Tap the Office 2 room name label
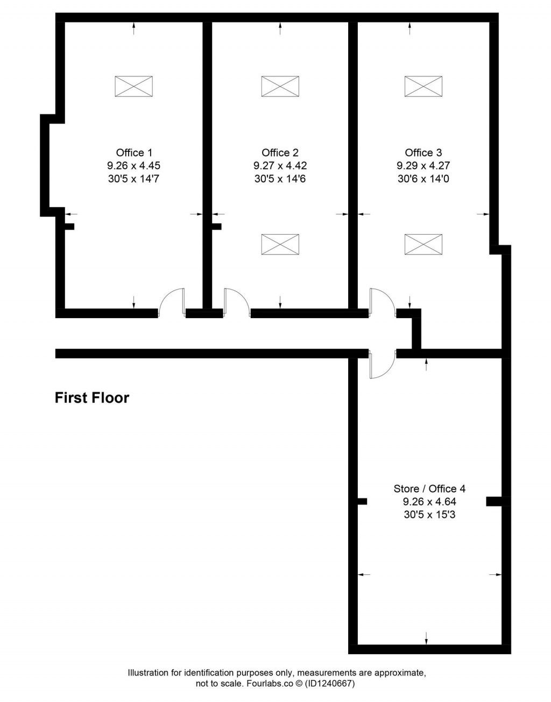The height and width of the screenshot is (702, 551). [280, 153]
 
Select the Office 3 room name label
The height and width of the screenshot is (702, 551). [423, 153]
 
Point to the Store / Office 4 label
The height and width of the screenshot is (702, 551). [429, 489]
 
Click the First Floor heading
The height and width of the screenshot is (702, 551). [92, 398]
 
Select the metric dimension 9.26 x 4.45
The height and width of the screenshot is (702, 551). [134, 166]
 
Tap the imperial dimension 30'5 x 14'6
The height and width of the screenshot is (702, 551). [280, 179]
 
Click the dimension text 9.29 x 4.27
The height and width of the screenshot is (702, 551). [423, 166]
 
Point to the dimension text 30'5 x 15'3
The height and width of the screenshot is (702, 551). [429, 515]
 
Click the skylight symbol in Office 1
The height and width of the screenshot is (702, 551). [133, 86]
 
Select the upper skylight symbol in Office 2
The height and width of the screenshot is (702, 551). [280, 86]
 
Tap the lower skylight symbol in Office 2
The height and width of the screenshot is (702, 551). [280, 244]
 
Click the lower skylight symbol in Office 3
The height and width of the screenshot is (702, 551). [423, 244]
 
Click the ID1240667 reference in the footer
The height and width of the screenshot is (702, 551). [330, 684]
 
